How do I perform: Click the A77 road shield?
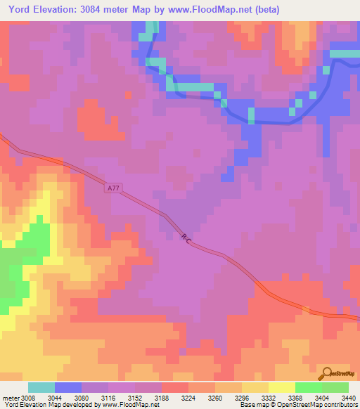[x=114, y=188]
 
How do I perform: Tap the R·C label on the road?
[x=186, y=240]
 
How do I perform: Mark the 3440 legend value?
[x=347, y=397]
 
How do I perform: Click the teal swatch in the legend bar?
[x=41, y=387]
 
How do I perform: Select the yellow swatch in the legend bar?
[x=281, y=387]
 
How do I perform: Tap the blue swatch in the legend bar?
[x=68, y=387]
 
